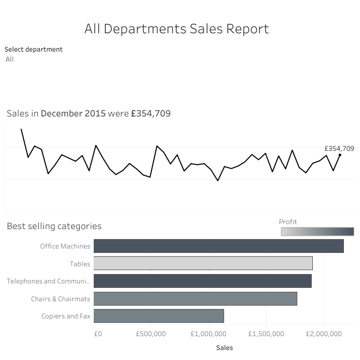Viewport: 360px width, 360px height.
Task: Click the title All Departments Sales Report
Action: click(176, 29)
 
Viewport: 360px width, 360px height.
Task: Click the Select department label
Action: click(33, 49)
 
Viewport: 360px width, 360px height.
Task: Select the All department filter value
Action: click(9, 59)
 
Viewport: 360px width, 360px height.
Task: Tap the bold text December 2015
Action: click(73, 114)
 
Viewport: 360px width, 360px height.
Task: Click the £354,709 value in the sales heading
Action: click(151, 114)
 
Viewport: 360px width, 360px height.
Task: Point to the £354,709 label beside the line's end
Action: click(339, 148)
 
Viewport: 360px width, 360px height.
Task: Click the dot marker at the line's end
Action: click(339, 155)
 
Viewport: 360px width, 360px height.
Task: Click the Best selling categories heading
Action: click(54, 226)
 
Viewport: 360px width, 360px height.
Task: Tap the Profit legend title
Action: click(288, 222)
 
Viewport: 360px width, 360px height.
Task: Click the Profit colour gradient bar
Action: click(317, 231)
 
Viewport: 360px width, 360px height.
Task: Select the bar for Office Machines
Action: click(219, 246)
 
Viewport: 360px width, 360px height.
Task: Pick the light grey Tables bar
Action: click(203, 263)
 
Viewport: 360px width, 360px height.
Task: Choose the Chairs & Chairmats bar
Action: click(195, 298)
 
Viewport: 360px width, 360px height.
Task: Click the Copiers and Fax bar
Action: click(159, 316)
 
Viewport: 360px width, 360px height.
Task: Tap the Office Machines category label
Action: click(65, 246)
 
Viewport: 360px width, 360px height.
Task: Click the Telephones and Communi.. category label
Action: click(48, 281)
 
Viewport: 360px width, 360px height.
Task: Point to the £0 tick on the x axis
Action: click(98, 334)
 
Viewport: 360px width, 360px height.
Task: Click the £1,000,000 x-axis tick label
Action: click(209, 334)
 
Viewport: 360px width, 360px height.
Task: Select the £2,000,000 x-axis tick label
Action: click(324, 334)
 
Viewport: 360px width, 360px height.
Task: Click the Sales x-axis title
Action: click(224, 348)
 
